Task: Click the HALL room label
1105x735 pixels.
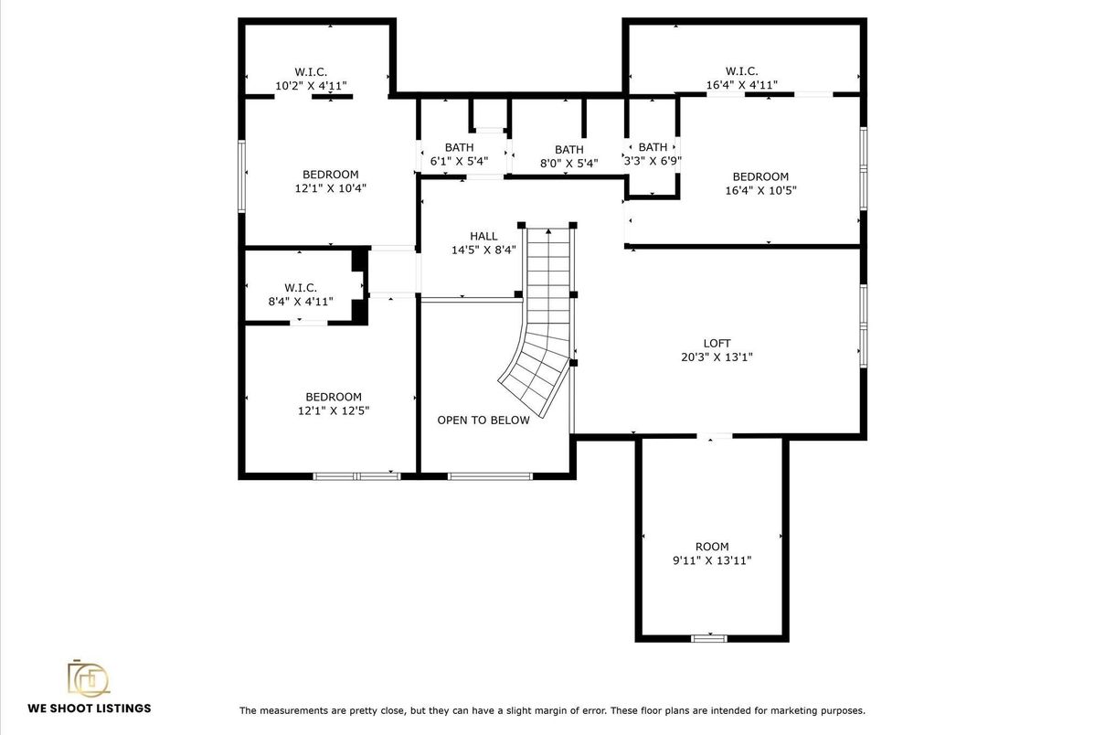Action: pos(483,236)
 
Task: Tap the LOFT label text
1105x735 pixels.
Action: pos(717,344)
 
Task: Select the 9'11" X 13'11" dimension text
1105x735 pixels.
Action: pos(712,560)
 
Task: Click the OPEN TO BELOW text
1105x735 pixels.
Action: pos(483,421)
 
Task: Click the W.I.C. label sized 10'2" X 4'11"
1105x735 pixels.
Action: pos(311,71)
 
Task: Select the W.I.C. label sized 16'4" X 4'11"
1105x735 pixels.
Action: pos(741,71)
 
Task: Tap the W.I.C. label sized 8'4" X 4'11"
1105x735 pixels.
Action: pos(300,287)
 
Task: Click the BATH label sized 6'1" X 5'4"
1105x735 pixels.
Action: pos(459,148)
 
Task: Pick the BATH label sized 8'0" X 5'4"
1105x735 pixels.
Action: pos(568,150)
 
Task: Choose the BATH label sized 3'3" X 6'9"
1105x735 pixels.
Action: pos(653,147)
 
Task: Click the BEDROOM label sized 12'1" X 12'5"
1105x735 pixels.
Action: pos(333,397)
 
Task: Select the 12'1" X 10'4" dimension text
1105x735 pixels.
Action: pos(330,188)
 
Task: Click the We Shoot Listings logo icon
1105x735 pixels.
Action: pos(89,677)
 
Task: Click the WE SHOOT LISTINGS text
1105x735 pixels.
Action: pos(90,708)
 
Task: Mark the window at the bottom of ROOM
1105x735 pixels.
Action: pos(708,637)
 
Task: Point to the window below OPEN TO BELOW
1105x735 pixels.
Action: pos(490,475)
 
